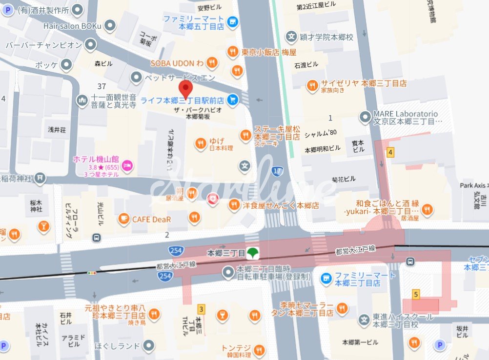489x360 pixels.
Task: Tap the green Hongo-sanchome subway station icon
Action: click(252, 253)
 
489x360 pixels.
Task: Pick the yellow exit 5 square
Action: click(416, 294)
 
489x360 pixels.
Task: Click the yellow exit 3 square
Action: click(201, 309)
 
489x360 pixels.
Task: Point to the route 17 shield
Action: click(277, 171)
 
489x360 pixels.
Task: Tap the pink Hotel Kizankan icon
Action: click(127, 164)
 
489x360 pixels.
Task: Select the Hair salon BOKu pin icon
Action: click(111, 25)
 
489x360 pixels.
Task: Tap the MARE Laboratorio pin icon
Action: click(365, 117)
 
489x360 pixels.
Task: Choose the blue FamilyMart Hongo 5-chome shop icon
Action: click(233, 21)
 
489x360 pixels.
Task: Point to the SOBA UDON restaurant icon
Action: click(212, 62)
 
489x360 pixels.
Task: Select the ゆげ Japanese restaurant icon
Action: click(200, 143)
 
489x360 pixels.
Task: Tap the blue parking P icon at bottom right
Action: click(440, 345)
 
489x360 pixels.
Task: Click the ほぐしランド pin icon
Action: click(149, 346)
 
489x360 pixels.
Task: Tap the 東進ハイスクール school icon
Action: click(364, 320)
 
